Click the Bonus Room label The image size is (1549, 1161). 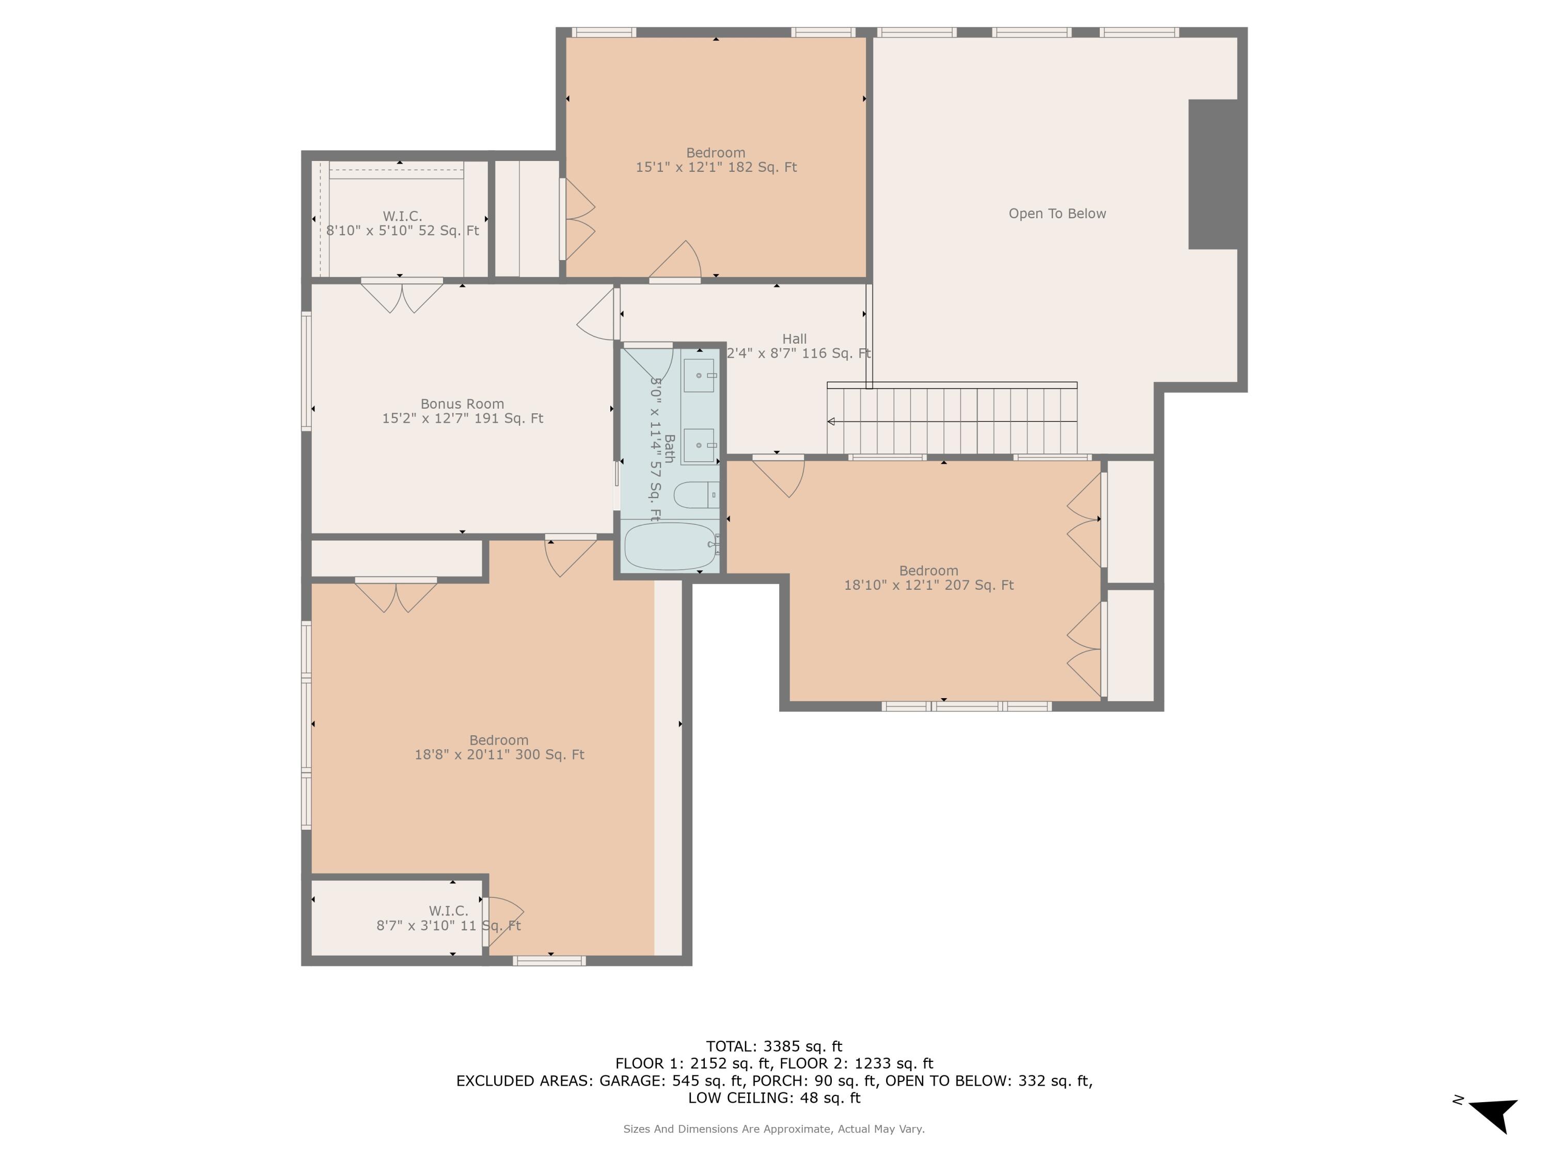462,404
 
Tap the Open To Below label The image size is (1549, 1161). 1057,214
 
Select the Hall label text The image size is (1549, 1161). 794,338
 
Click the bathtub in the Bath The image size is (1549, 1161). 670,546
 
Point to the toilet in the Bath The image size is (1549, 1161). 696,495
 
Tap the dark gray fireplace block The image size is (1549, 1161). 1213,174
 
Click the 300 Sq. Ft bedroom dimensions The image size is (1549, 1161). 499,754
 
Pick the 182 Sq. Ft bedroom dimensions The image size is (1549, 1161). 716,167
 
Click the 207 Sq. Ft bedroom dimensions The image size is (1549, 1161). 928,585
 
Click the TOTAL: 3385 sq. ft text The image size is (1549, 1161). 774,1046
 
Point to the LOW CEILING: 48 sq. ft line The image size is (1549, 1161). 774,1098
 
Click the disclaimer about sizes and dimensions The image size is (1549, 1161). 774,1129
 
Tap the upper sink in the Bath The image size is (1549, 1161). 699,376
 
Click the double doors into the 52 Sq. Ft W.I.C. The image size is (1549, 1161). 402,296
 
